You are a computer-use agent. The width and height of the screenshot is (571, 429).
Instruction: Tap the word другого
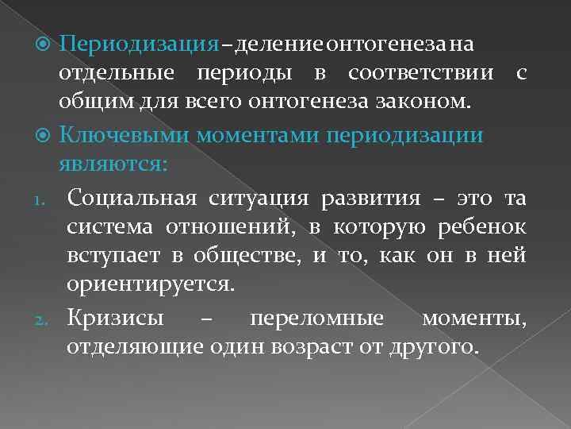coord(435,347)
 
